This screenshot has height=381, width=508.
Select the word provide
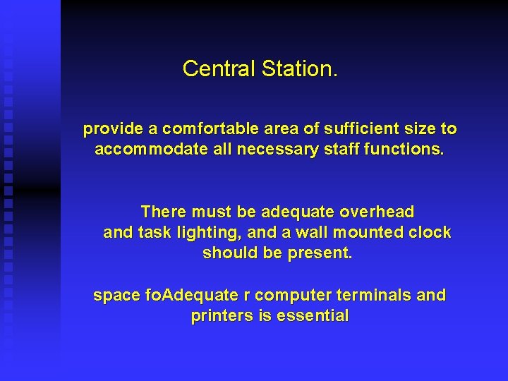[x=113, y=130]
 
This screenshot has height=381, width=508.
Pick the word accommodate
[x=150, y=150]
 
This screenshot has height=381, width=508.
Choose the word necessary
[x=274, y=150]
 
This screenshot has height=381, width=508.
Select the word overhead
[x=377, y=212]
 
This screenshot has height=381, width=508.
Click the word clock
[x=429, y=233]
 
